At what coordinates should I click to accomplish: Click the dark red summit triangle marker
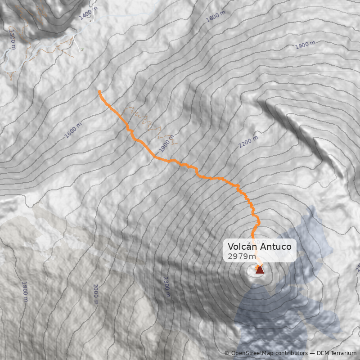(260, 270)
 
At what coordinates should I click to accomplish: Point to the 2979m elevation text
(242, 256)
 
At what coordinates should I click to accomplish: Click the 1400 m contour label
(88, 14)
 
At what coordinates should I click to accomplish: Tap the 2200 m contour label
(248, 142)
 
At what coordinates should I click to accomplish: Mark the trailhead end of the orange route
(99, 91)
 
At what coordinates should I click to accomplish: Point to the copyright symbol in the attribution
(227, 353)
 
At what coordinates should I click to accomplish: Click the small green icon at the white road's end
(82, 50)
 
